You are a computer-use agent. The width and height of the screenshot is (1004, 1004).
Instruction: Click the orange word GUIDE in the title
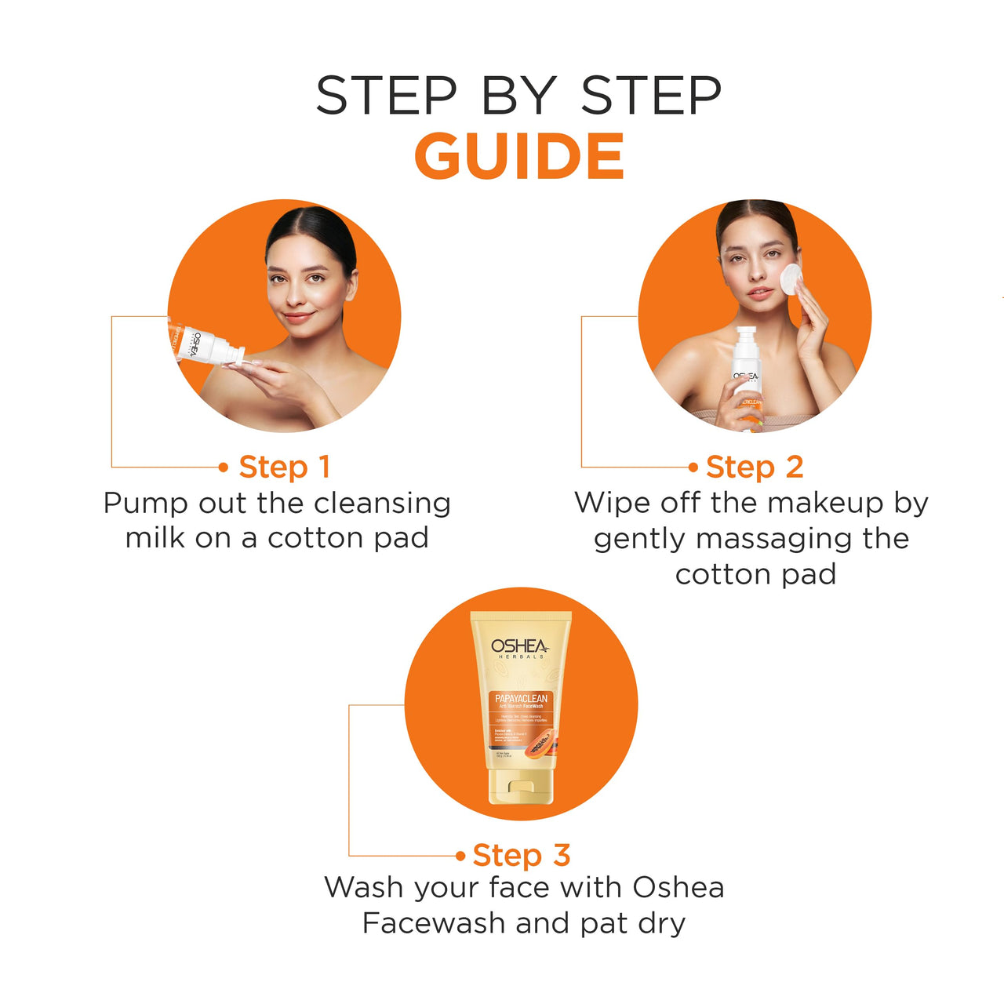(x=518, y=157)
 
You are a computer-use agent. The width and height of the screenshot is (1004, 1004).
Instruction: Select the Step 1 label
(x=284, y=467)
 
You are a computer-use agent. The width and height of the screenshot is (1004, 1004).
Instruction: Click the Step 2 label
(x=754, y=467)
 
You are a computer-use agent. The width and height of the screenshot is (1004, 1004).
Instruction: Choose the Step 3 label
(x=521, y=855)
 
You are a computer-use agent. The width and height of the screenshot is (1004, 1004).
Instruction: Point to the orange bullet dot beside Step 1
(x=224, y=467)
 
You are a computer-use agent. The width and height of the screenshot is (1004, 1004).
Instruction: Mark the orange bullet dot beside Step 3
(x=460, y=856)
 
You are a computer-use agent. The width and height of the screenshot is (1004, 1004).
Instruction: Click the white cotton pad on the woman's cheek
(x=791, y=279)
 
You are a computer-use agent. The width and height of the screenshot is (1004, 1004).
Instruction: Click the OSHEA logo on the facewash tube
(x=520, y=647)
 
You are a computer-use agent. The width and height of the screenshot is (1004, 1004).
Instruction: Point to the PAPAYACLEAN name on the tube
(x=521, y=698)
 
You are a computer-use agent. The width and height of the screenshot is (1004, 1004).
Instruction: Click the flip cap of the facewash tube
(x=520, y=786)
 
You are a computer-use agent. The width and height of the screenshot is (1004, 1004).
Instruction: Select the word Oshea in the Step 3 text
(x=678, y=887)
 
